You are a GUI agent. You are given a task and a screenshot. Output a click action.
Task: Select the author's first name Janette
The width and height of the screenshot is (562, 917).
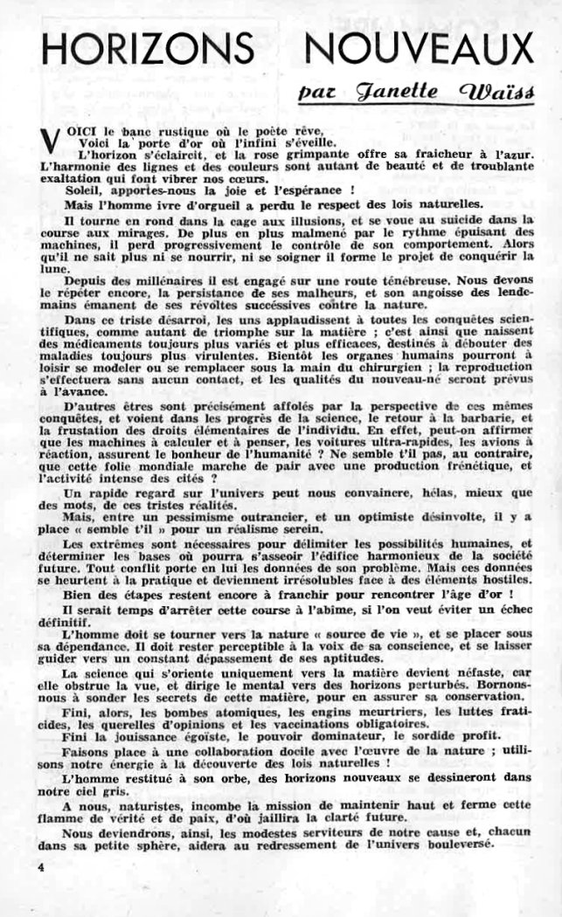(x=401, y=90)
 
